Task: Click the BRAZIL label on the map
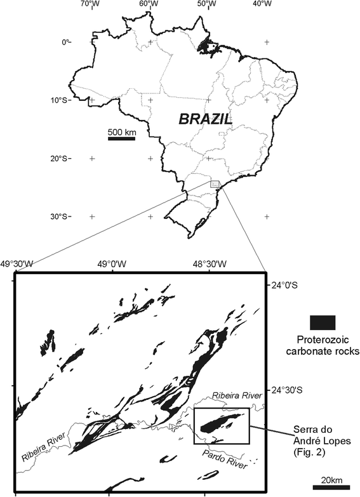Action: point(205,118)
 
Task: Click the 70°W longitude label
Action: point(91,4)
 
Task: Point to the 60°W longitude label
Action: point(149,4)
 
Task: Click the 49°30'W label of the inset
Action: point(20,263)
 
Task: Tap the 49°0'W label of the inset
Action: point(112,263)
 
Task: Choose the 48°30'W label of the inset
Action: point(205,263)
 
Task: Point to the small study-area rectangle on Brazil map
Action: point(215,183)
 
